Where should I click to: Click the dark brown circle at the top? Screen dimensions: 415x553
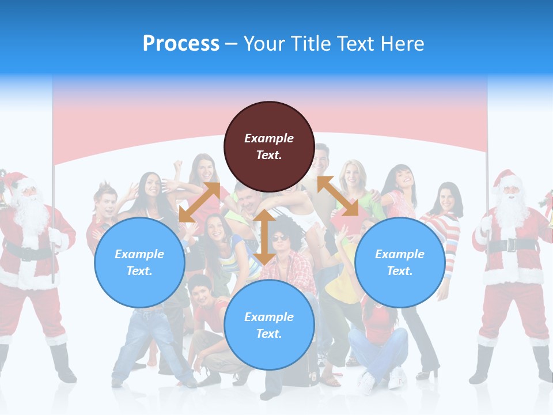[x=269, y=146]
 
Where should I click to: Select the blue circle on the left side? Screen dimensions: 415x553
[x=139, y=262]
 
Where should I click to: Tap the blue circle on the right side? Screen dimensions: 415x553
[x=400, y=262]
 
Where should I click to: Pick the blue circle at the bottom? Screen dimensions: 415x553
[x=269, y=325]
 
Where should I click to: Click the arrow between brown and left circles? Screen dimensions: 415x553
[x=199, y=202]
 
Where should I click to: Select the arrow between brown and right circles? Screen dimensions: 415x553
[x=338, y=196]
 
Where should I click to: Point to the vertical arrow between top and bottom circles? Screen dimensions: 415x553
[x=264, y=237]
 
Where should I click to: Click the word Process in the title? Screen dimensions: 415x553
[x=181, y=43]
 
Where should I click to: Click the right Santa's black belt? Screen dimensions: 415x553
[x=507, y=245]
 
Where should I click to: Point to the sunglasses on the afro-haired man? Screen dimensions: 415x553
[x=279, y=238]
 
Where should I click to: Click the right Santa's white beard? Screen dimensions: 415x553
[x=510, y=210]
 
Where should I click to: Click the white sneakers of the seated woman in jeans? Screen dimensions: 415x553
[x=380, y=380]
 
